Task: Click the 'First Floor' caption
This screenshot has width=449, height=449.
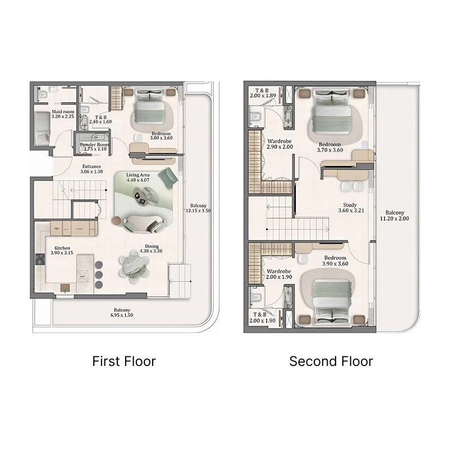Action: click(123, 361)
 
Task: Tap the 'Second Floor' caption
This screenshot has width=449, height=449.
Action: click(331, 361)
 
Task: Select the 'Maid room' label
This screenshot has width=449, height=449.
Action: click(63, 112)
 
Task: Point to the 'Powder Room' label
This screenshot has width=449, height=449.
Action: click(94, 145)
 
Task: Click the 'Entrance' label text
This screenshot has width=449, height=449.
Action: click(91, 167)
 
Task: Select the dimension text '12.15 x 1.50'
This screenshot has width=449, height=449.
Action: click(199, 211)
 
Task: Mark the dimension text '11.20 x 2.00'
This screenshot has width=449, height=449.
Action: click(395, 219)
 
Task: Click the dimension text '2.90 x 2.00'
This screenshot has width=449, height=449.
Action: click(280, 146)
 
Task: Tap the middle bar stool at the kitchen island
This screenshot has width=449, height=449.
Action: click(100, 274)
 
